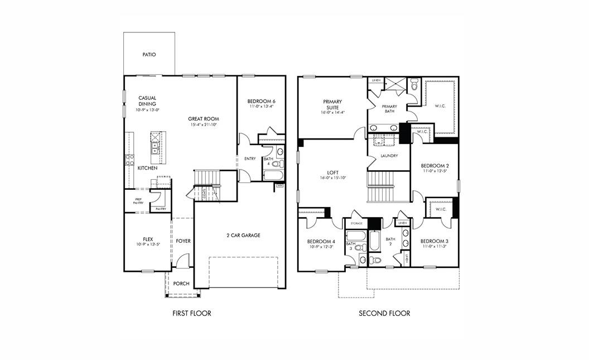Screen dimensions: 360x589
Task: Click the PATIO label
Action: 149,55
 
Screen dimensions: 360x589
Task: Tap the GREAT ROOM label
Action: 204,118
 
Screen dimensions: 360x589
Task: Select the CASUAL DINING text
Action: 148,101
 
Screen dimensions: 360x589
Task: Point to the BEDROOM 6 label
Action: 262,101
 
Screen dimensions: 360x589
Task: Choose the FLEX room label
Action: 148,239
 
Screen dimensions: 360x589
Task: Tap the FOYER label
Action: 184,241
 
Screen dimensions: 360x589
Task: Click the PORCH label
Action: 181,284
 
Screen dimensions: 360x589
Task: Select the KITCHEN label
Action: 148,168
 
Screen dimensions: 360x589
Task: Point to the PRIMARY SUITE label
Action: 332,105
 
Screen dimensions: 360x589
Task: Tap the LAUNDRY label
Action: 389,156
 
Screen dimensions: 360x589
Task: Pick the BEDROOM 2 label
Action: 435,166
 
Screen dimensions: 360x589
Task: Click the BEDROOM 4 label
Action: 321,242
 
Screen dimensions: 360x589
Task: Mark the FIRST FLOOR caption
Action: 192,313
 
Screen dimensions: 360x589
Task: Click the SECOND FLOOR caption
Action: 384,313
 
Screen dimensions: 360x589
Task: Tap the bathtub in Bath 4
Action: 273,176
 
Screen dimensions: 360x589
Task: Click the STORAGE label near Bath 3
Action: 356,223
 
